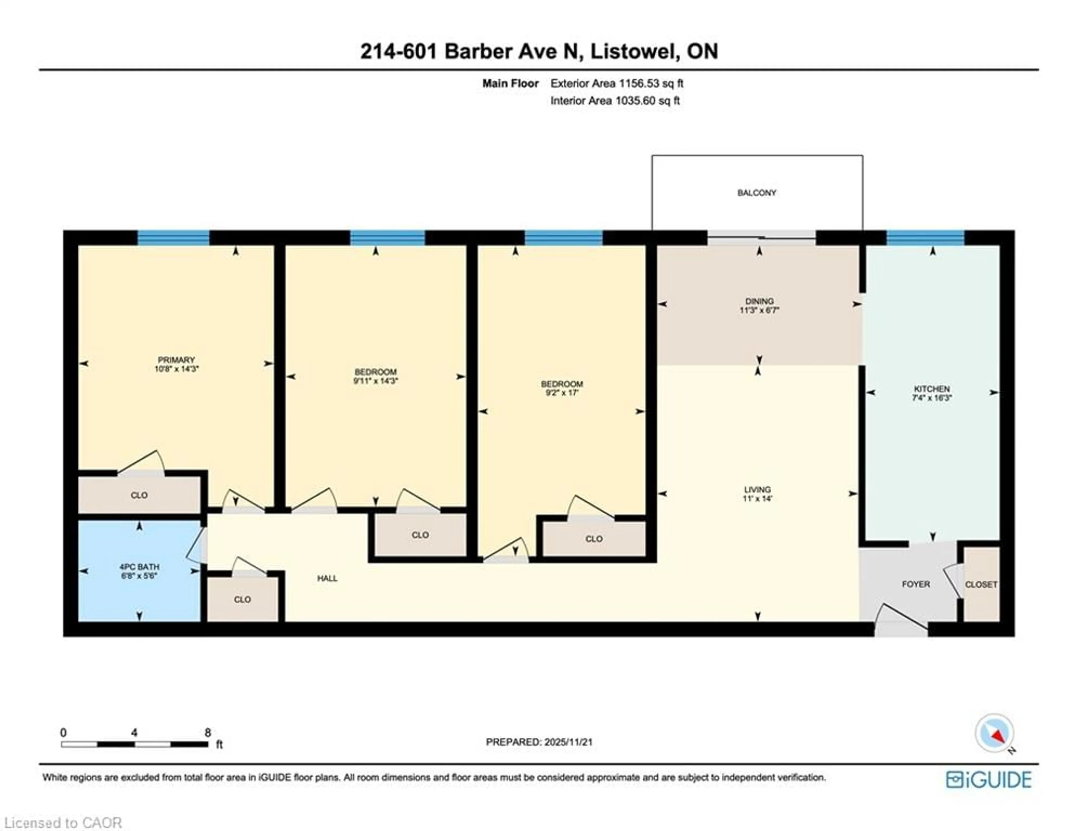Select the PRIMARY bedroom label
point(176,360)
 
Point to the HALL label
point(327,578)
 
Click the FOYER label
point(916,584)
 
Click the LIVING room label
point(758,490)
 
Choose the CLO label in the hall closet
point(242,599)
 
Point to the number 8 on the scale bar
point(208,732)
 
